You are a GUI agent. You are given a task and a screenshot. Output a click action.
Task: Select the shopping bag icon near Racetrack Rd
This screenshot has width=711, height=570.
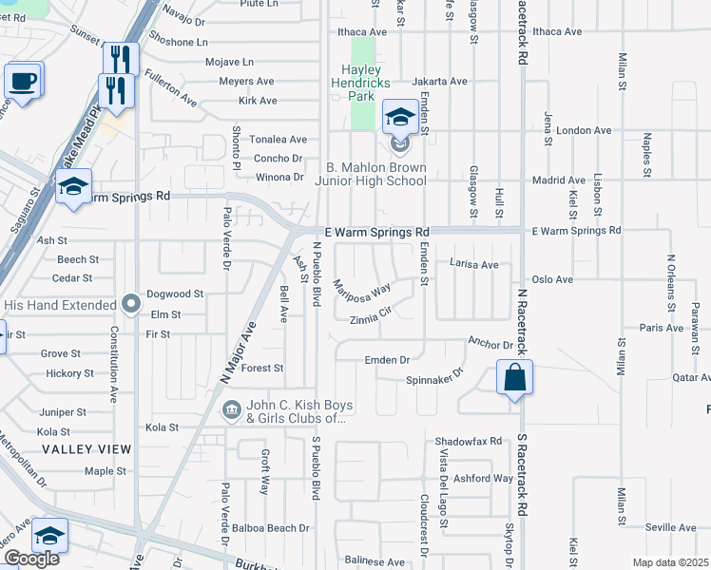[x=514, y=377]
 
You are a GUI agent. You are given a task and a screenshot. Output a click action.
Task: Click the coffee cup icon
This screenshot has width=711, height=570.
[x=24, y=80]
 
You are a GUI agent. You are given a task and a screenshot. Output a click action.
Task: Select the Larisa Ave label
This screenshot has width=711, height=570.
[x=473, y=264]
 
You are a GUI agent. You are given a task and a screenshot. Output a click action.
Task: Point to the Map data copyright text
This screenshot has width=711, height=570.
[x=670, y=562]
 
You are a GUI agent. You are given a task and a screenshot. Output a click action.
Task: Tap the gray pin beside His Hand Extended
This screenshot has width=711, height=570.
[x=132, y=304]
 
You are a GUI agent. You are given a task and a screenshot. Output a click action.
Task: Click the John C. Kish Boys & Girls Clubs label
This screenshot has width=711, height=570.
[x=299, y=412]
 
